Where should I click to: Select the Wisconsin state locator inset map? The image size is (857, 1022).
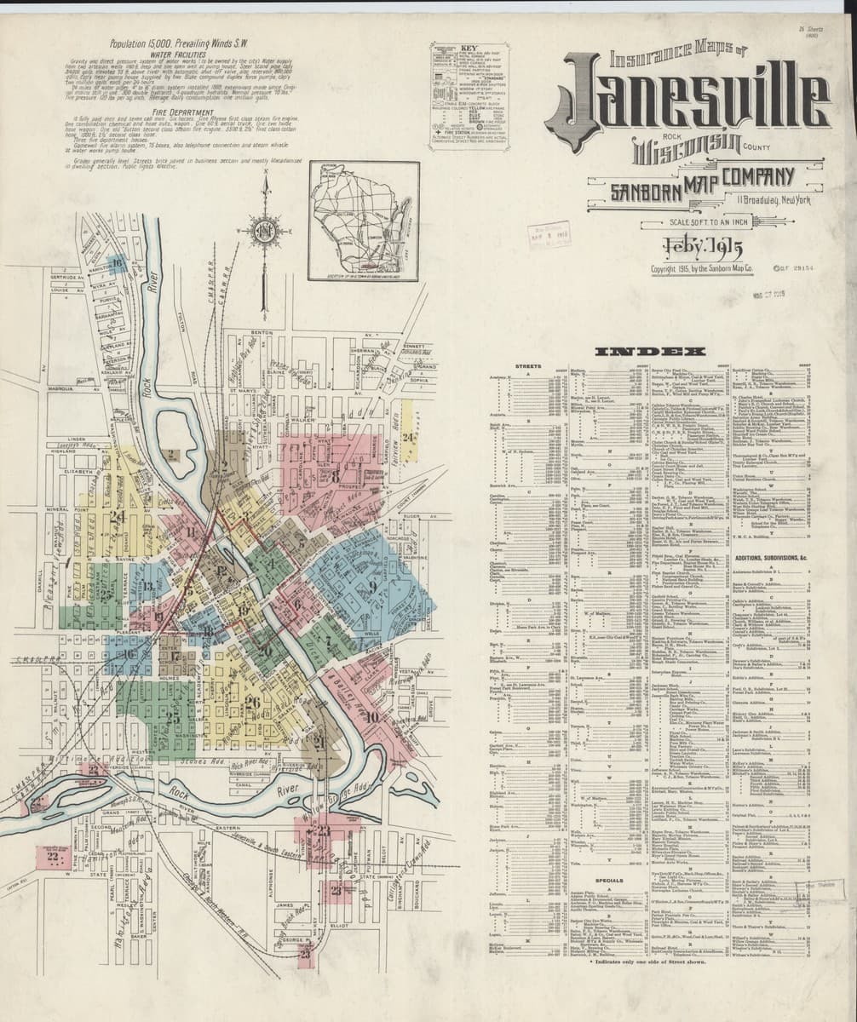364,221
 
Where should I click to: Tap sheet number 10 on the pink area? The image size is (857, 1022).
373,716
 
